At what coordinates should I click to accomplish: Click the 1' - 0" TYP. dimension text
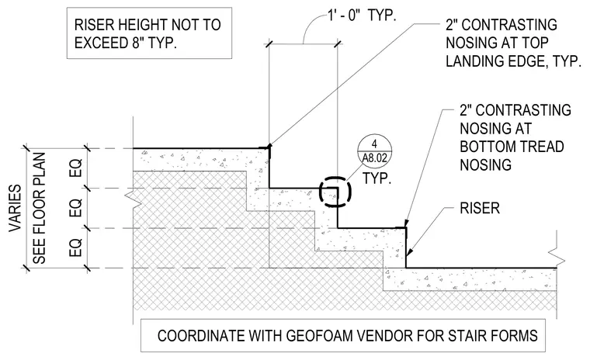pos(363,16)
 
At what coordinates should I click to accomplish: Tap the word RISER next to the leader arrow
pos(480,208)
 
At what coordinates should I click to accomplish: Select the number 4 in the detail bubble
pos(374,144)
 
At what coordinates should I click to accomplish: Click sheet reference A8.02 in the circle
pos(374,158)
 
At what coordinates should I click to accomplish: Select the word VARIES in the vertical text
pos(16,208)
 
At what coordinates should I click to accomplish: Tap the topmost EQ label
pos(75,168)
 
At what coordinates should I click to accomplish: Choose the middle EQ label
pos(75,208)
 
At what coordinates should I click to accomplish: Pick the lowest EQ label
pos(75,247)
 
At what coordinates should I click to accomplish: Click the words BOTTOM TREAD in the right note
pos(512,147)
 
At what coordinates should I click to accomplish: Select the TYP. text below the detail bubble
pos(377,178)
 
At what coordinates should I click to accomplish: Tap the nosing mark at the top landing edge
pos(269,147)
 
